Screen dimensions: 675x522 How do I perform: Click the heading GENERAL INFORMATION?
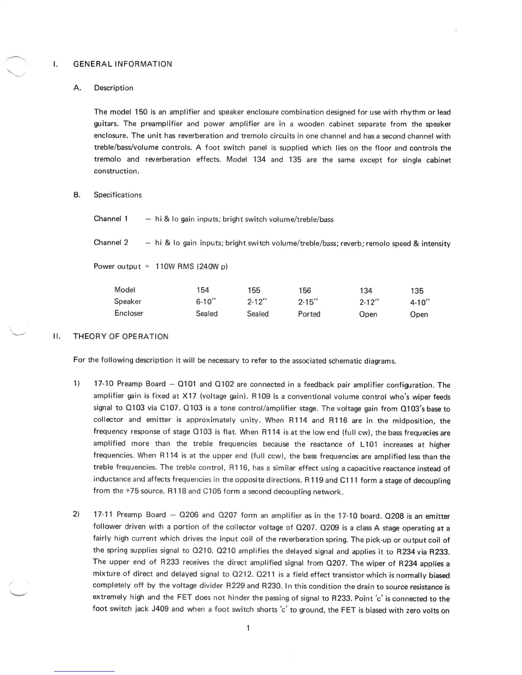tap(123, 64)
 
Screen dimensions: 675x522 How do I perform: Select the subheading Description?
tap(113, 88)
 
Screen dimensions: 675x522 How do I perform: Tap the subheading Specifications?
tap(118, 195)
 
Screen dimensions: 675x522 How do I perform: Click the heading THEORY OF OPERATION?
tap(121, 337)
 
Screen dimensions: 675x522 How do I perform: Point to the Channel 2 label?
tap(111, 243)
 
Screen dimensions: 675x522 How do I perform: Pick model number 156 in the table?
tap(305, 291)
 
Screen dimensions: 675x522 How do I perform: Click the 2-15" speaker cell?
tap(309, 302)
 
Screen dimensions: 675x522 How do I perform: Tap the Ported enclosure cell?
tap(309, 314)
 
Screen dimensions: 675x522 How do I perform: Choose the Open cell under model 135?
tap(419, 314)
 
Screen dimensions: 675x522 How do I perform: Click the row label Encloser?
tap(129, 313)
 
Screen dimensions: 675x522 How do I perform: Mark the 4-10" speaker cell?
tap(420, 303)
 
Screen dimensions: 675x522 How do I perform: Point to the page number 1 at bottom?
tap(248, 628)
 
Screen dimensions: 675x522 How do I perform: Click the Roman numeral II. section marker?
tap(56, 337)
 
